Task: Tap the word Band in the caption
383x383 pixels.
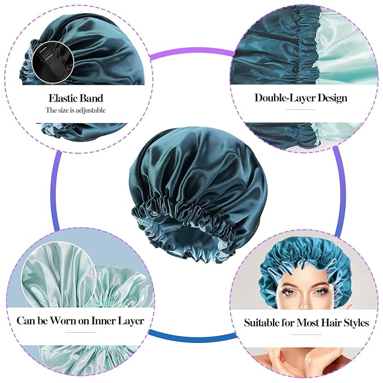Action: click(x=91, y=98)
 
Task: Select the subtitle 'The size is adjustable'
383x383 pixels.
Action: click(x=76, y=111)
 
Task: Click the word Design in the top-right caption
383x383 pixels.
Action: click(x=332, y=98)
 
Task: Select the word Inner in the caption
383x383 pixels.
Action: click(x=106, y=321)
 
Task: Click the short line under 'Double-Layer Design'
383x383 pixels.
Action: click(x=301, y=109)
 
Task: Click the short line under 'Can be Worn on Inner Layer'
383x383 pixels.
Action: click(x=81, y=333)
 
